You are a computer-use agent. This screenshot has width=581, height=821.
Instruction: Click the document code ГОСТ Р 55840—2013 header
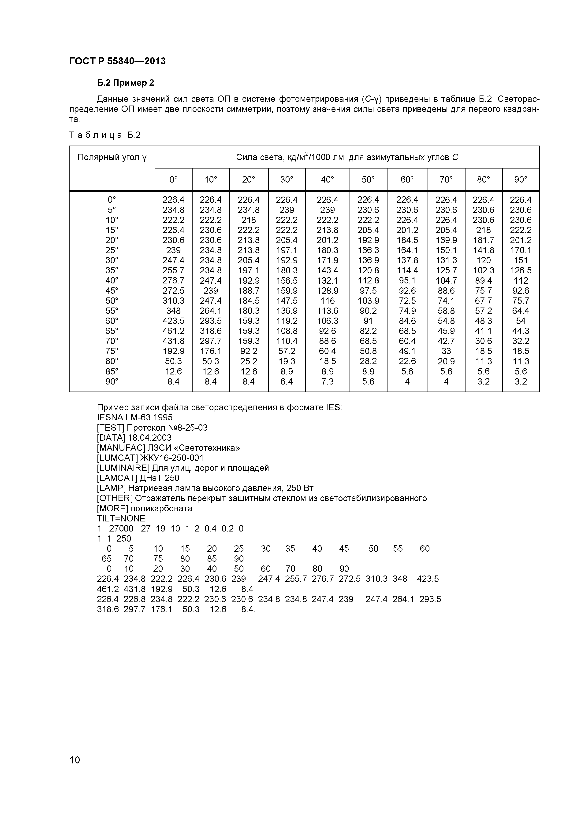117,61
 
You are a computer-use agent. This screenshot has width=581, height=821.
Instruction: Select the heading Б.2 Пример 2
125,83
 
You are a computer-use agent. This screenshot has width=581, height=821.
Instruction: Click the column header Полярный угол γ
112,157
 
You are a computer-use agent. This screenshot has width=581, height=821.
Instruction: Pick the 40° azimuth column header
327,180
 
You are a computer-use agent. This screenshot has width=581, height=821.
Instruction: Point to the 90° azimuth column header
521,180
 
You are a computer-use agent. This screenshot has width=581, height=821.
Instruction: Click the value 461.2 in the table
173,331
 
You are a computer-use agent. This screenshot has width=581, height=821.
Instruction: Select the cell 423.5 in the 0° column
173,321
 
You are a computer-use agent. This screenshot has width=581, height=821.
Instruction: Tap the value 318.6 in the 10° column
210,331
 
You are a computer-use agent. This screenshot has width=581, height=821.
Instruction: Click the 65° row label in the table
112,331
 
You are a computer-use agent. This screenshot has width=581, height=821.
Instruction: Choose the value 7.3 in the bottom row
327,381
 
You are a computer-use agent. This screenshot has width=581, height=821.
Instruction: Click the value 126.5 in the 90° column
521,270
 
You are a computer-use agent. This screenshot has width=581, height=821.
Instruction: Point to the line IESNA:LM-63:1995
135,417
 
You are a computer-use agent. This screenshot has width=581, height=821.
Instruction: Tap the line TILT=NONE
121,518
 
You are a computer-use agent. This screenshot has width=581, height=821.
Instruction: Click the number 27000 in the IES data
121,528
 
